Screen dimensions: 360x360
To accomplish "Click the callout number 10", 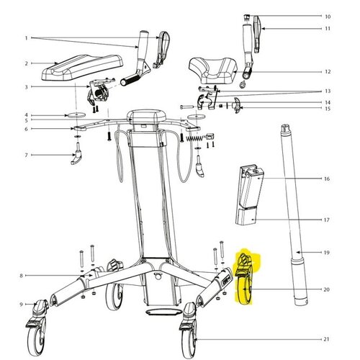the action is (328, 17).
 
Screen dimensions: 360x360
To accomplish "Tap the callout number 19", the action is (327, 253).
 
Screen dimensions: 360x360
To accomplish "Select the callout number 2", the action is (27, 63).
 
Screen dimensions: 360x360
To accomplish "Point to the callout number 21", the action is (326, 339).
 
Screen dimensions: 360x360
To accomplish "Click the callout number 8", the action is (21, 276).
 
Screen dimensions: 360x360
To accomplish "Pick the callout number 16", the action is (327, 179).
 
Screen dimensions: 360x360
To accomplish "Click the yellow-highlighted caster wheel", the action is (245, 279).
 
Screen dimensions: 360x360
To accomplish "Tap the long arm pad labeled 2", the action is (82, 67).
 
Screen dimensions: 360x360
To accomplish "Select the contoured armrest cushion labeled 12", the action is (213, 71).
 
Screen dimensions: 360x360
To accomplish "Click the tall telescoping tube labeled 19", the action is (294, 214).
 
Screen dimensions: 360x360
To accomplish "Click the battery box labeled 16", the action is (250, 187).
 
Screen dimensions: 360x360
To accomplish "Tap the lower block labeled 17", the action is (246, 217).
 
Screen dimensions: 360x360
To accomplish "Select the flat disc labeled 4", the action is (76, 115).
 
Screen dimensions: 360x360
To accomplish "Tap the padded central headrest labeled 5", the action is (147, 117).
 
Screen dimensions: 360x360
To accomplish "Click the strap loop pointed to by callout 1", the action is (162, 49).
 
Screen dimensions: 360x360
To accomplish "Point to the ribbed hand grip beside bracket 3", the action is (130, 80).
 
